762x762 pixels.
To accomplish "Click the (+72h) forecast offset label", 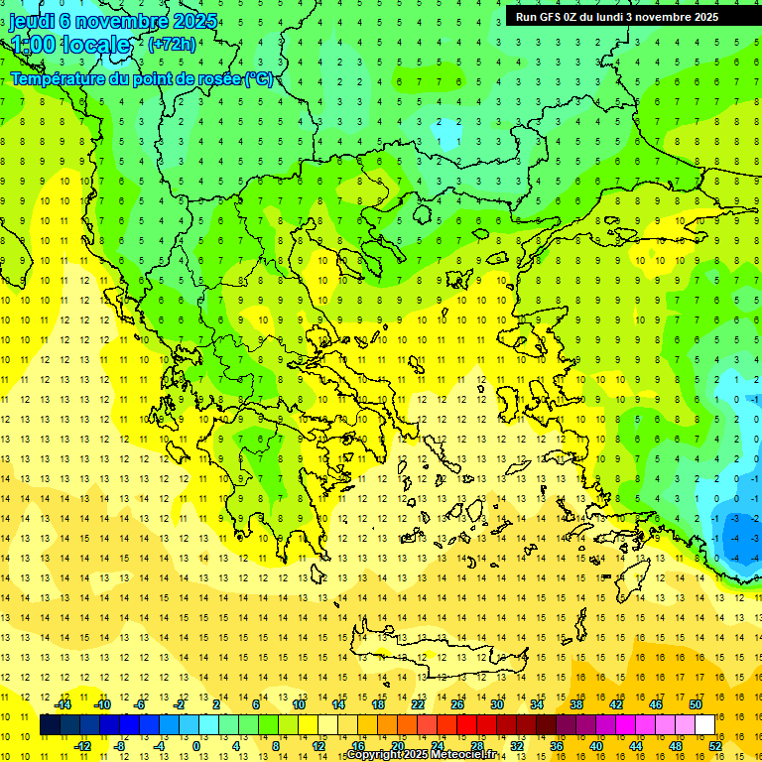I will click(x=172, y=44).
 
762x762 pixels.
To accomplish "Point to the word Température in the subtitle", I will click(x=57, y=78).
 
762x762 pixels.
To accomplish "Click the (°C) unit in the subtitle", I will click(x=258, y=78).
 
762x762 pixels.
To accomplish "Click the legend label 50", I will click(x=695, y=704).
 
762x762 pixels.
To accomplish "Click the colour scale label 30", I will click(x=496, y=704).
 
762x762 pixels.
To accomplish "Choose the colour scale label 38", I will click(x=575, y=704).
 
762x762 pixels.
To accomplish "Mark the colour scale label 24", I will click(x=437, y=746).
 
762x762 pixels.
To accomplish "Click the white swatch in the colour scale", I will click(x=704, y=725).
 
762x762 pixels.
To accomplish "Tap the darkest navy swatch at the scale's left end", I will click(x=50, y=725).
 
